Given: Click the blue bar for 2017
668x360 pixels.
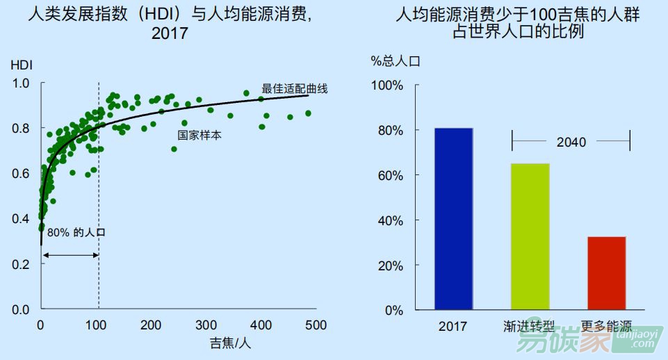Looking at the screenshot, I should (453, 219).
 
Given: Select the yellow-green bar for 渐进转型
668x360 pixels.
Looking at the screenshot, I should (530, 236).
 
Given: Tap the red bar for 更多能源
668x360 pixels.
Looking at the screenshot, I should (605, 273).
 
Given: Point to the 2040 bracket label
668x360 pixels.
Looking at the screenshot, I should (571, 142).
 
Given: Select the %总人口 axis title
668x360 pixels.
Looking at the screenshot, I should (396, 61).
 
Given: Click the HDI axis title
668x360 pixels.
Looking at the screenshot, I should (22, 66).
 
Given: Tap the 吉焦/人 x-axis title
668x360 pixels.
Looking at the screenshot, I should (229, 343).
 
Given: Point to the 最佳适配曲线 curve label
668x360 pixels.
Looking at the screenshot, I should (294, 89).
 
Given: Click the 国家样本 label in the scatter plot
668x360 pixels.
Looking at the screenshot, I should (199, 136).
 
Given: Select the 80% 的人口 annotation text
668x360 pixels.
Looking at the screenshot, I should (76, 233).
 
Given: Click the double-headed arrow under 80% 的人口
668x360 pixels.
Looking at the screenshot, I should (70, 255).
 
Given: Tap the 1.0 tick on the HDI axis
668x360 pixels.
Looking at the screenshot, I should (22, 83).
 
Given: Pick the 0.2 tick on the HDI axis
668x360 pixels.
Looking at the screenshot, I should (22, 264).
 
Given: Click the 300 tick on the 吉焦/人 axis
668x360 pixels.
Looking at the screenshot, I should (205, 325).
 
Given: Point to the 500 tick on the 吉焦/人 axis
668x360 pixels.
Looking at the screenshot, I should (316, 325).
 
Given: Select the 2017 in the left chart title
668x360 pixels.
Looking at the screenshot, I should (170, 33).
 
